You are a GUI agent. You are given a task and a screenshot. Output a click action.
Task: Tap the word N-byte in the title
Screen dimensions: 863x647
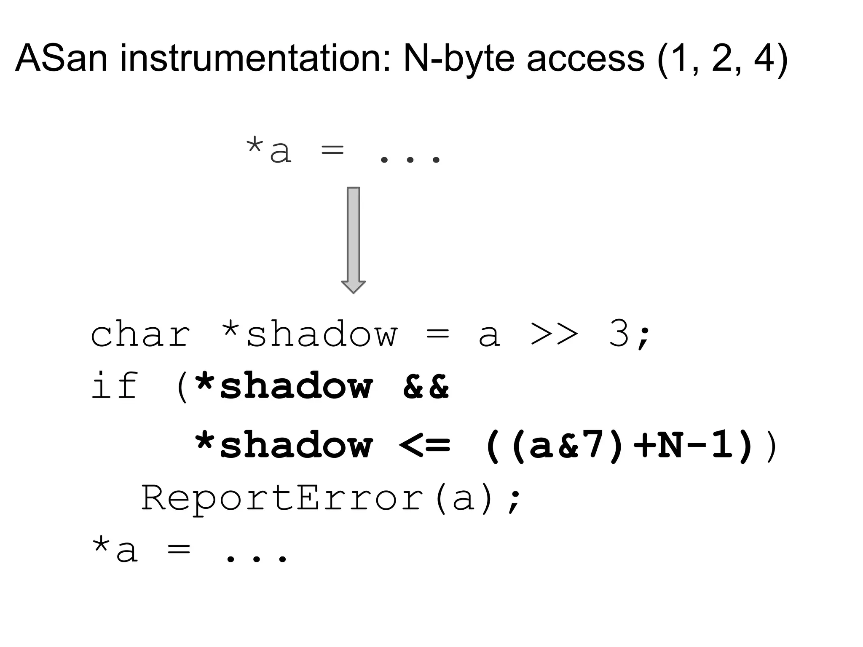(x=459, y=59)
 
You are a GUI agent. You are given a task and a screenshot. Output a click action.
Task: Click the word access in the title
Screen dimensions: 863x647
(x=585, y=59)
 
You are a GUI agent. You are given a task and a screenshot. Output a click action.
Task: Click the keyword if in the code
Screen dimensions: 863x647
(x=115, y=386)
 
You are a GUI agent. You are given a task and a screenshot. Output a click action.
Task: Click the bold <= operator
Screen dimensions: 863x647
(x=424, y=445)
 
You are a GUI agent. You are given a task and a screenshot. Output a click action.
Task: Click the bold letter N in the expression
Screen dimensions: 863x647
(x=670, y=445)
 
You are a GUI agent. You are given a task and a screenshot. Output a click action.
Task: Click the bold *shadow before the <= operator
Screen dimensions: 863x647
(x=283, y=445)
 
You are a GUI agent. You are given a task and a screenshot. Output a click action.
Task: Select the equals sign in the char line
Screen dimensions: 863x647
(x=438, y=336)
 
